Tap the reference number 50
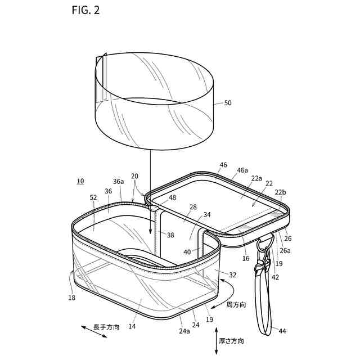[228, 103]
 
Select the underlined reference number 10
[80, 181]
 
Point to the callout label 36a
[118, 182]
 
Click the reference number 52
[93, 197]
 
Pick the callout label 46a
[242, 169]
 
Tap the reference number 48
[172, 197]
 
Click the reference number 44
[282, 331]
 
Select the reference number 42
[275, 277]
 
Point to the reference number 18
[71, 298]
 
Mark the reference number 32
[232, 275]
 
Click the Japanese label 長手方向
[106, 327]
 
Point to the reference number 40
[187, 252]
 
